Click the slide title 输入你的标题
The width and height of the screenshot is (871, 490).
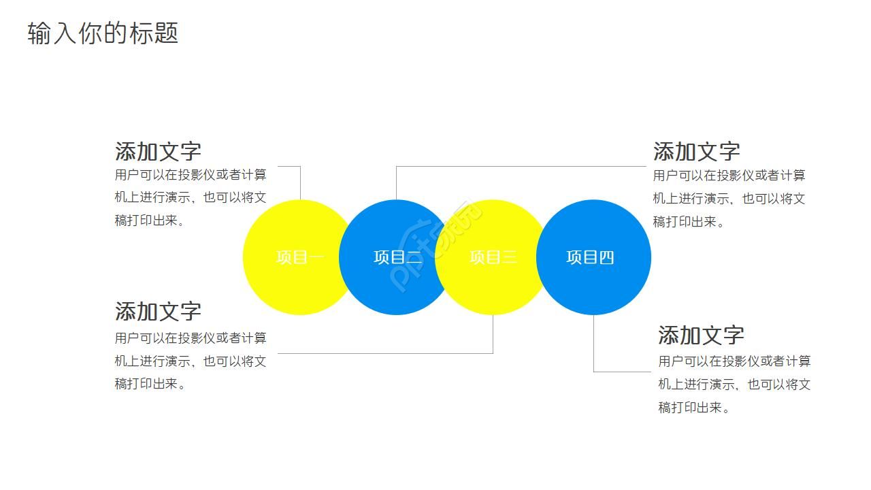[103, 33]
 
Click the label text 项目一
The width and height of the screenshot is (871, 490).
[300, 257]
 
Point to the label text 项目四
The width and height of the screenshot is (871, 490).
[590, 257]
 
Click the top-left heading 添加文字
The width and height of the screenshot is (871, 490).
[158, 151]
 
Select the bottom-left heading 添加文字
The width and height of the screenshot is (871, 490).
[158, 311]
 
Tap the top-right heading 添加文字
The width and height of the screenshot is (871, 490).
[696, 151]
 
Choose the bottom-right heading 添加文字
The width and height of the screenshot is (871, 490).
[701, 335]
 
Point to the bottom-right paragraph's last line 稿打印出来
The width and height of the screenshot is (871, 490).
[693, 408]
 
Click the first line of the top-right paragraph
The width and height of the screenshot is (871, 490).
[729, 176]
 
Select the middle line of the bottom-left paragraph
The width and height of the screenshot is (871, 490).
[191, 361]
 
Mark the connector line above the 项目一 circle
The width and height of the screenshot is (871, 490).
[300, 182]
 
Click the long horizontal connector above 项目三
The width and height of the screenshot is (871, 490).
[521, 166]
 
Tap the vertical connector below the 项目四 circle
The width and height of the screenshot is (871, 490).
[593, 344]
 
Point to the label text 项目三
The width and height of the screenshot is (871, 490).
[493, 257]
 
